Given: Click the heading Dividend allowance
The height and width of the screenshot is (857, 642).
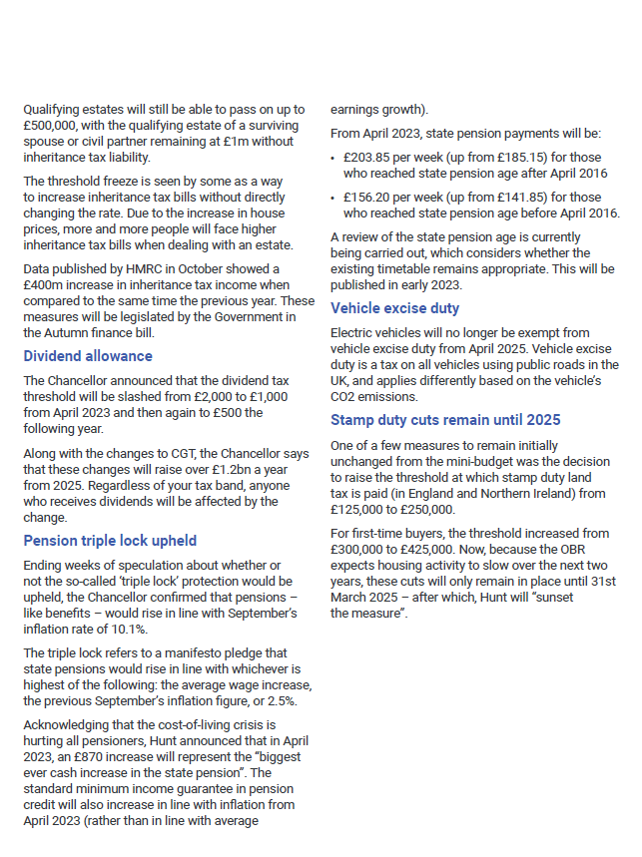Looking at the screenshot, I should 88,356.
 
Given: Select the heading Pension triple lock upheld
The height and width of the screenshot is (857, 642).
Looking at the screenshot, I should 110,542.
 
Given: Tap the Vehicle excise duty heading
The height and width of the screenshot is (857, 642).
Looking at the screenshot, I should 395,308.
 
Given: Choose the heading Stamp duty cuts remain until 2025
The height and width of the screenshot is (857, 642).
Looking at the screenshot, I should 445,420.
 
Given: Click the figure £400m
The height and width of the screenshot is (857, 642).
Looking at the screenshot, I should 42,284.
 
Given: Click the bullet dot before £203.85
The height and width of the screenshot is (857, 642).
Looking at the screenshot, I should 333,158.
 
